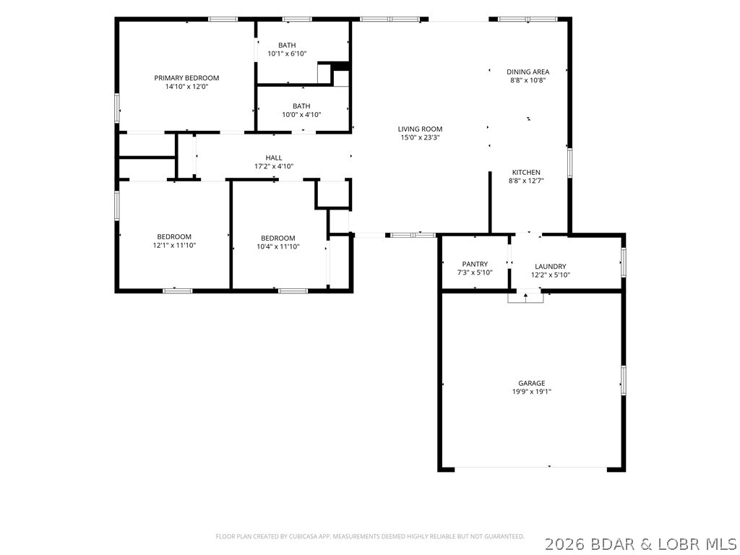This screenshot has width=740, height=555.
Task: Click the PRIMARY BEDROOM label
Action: [x=186, y=78]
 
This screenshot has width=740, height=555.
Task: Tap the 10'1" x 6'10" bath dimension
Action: [x=287, y=53]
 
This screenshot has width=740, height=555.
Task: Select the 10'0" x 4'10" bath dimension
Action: [x=301, y=115]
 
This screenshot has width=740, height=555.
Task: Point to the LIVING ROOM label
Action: [x=420, y=129]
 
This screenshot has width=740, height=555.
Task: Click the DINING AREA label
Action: [x=528, y=72]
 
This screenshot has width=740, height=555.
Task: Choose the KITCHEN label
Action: [x=526, y=172]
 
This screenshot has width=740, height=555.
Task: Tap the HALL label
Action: [x=274, y=158]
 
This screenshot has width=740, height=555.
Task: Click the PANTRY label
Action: [x=475, y=264]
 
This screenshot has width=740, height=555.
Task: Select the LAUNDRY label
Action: [x=550, y=267]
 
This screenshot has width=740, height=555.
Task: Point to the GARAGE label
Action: [x=532, y=383]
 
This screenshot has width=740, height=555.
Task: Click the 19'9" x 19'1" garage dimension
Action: [x=532, y=392]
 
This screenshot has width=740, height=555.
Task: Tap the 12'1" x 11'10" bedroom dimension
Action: [x=174, y=246]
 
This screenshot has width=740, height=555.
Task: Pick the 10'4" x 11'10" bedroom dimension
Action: [x=278, y=246]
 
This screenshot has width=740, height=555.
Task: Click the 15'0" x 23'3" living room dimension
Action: [x=420, y=138]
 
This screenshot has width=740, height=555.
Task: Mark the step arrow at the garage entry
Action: [x=526, y=297]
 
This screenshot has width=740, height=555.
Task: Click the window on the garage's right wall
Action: [x=624, y=380]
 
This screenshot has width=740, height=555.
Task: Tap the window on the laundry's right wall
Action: [x=624, y=262]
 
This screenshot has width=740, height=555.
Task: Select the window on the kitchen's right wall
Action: [x=569, y=163]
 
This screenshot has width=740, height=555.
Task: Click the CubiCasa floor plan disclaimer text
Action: [x=370, y=537]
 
